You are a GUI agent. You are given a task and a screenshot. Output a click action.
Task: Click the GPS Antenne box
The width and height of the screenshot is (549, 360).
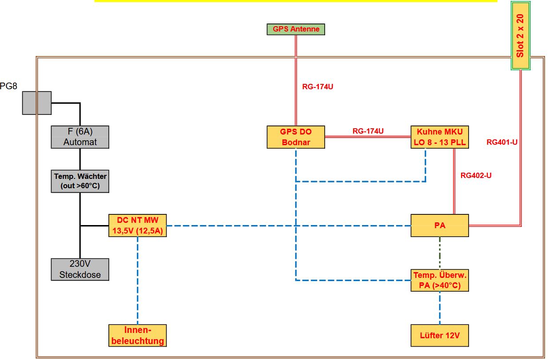click(x=295, y=29)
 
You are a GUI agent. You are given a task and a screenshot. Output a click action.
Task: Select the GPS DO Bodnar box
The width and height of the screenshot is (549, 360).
click(x=295, y=137)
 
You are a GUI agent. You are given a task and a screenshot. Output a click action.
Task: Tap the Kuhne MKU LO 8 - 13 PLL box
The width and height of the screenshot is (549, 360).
click(x=440, y=137)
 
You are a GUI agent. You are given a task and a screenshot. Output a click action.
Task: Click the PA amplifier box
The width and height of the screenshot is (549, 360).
click(x=440, y=225)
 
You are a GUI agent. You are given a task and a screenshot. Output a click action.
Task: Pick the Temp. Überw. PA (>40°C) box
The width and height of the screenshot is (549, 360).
click(x=440, y=280)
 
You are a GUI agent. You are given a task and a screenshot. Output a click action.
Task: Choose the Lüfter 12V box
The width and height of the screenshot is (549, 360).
click(x=440, y=336)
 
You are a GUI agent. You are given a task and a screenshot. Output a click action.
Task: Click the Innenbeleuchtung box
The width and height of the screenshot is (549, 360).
click(x=138, y=336)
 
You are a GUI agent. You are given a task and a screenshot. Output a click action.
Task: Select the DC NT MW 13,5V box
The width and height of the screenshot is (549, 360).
click(x=138, y=225)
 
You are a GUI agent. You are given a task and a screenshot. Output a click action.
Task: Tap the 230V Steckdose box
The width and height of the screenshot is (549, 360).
click(x=80, y=269)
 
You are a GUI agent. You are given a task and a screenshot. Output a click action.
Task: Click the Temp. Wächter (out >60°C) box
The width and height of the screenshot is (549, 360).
click(x=80, y=181)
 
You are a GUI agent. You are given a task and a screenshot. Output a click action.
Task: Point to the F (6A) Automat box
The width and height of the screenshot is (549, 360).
click(x=80, y=137)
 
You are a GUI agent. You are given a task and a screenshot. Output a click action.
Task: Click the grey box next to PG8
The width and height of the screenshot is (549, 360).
click(x=37, y=103)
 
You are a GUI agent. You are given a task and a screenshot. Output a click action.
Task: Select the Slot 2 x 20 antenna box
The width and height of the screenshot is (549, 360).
click(x=521, y=36)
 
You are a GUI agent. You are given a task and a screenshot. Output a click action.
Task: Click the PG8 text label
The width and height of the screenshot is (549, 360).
click(x=8, y=87)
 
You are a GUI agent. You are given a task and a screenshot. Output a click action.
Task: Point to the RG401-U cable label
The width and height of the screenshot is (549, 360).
click(x=502, y=142)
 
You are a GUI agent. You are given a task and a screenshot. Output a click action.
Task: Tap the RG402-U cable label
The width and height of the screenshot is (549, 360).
click(x=476, y=175)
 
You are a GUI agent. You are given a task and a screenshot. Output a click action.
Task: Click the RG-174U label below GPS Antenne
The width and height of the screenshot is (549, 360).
click(x=318, y=87)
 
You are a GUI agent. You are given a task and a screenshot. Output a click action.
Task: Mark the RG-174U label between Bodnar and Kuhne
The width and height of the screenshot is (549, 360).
click(x=368, y=131)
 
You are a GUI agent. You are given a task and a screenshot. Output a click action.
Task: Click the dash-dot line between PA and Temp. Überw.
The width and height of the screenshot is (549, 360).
click(x=440, y=253)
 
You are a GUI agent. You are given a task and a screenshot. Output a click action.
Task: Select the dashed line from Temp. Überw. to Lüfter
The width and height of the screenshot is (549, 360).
click(x=440, y=308)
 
